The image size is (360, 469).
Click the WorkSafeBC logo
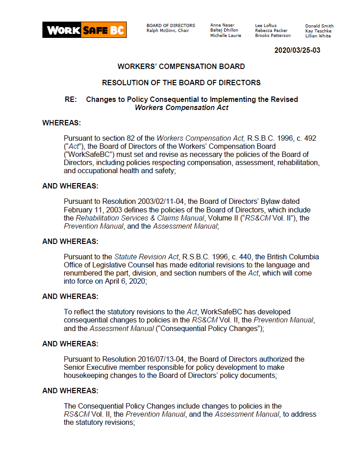point(84,30)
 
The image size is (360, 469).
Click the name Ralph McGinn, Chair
point(168,31)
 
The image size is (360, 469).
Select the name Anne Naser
point(222,26)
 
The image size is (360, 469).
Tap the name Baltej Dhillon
point(224,30)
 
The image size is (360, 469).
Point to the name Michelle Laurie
point(226,36)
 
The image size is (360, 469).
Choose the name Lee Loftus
point(266,26)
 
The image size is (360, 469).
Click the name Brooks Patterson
point(272,36)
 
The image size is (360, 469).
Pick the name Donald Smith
point(319,26)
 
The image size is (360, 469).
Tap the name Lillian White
point(318,36)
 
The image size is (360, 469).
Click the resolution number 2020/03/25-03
point(297,51)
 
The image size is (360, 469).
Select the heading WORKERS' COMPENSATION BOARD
point(181,66)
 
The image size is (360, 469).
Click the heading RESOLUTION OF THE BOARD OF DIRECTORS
point(181,83)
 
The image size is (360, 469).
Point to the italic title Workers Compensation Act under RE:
point(181,107)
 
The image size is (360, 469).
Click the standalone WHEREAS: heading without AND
point(62,123)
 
